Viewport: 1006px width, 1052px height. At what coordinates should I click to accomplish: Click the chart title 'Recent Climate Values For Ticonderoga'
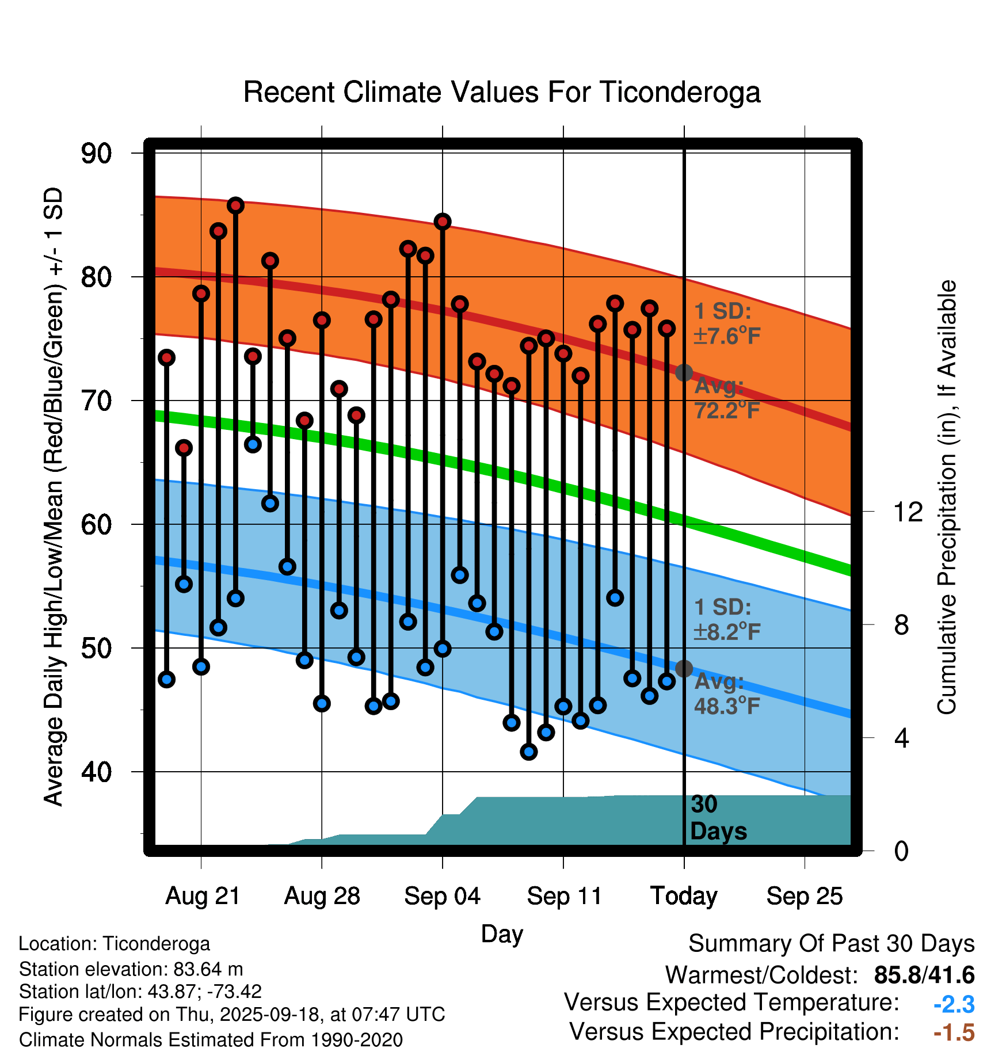pyautogui.click(x=502, y=93)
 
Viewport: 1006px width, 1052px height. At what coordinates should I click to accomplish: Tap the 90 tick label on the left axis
pyautogui.click(x=96, y=154)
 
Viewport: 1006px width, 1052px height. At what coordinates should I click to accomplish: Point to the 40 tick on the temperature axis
pyautogui.click(x=96, y=772)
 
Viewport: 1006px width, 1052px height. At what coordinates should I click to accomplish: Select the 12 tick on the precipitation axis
pyautogui.click(x=908, y=512)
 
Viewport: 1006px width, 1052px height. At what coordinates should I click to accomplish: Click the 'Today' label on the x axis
pyautogui.click(x=684, y=896)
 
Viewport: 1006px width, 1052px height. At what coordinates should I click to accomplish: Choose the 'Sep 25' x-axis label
pyautogui.click(x=804, y=896)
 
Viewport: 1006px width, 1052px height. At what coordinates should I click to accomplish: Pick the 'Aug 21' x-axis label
pyautogui.click(x=203, y=896)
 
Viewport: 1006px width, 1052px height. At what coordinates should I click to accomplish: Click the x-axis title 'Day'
pyautogui.click(x=502, y=933)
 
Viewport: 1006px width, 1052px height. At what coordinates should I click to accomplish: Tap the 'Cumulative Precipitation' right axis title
pyautogui.click(x=947, y=498)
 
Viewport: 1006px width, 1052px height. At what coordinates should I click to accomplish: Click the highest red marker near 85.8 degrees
pyautogui.click(x=235, y=205)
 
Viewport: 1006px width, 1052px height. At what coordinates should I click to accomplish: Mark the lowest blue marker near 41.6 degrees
pyautogui.click(x=528, y=752)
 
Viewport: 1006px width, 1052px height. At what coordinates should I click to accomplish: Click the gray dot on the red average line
pyautogui.click(x=684, y=373)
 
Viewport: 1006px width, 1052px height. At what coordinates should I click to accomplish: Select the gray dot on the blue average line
pyautogui.click(x=684, y=669)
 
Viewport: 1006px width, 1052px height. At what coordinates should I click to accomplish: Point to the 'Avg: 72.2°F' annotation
pyautogui.click(x=726, y=398)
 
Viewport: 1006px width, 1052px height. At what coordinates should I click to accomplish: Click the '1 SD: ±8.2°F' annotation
pyautogui.click(x=726, y=620)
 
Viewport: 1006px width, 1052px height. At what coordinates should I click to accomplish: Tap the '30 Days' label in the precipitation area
pyautogui.click(x=718, y=818)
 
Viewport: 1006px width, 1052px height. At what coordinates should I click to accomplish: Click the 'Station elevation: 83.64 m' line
pyautogui.click(x=131, y=969)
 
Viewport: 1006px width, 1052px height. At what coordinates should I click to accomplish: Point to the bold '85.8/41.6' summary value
pyautogui.click(x=924, y=975)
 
